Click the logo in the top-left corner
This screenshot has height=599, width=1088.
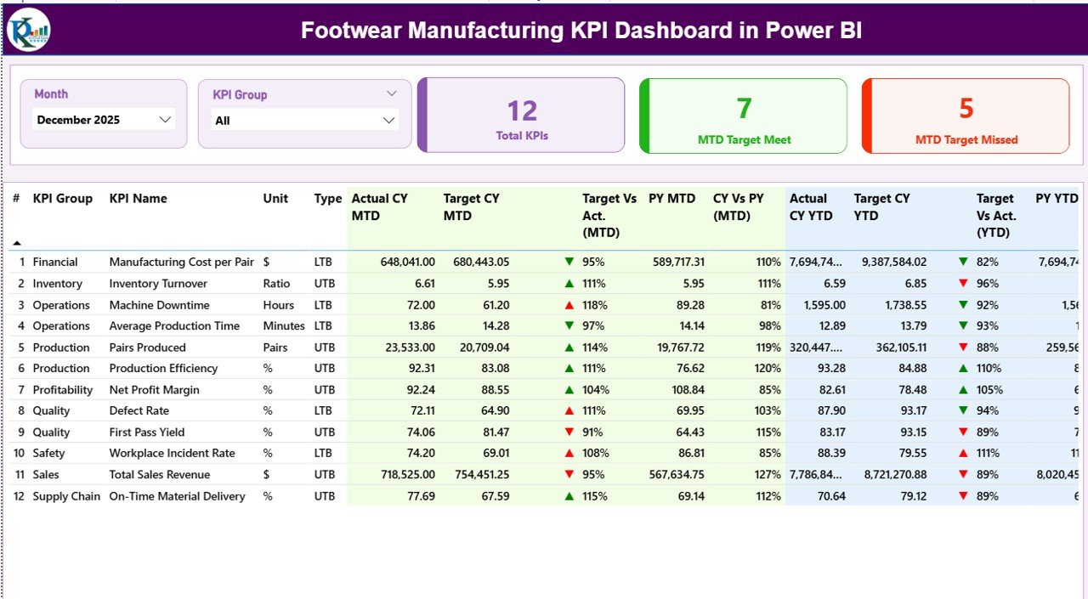[x=28, y=30]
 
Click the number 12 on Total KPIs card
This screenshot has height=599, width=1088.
[x=522, y=111]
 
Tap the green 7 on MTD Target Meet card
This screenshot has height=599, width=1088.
[x=744, y=109]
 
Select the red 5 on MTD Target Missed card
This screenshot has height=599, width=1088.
[x=966, y=109]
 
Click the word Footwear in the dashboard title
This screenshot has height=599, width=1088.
[x=350, y=31]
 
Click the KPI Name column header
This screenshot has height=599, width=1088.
[x=138, y=199]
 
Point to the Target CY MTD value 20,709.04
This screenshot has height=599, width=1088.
[x=478, y=348]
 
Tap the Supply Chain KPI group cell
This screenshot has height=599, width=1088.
[x=66, y=496]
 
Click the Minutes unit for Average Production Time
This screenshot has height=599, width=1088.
[x=283, y=326]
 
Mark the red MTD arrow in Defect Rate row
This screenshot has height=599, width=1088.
[x=569, y=411]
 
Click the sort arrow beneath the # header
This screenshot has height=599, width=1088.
[x=17, y=243]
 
